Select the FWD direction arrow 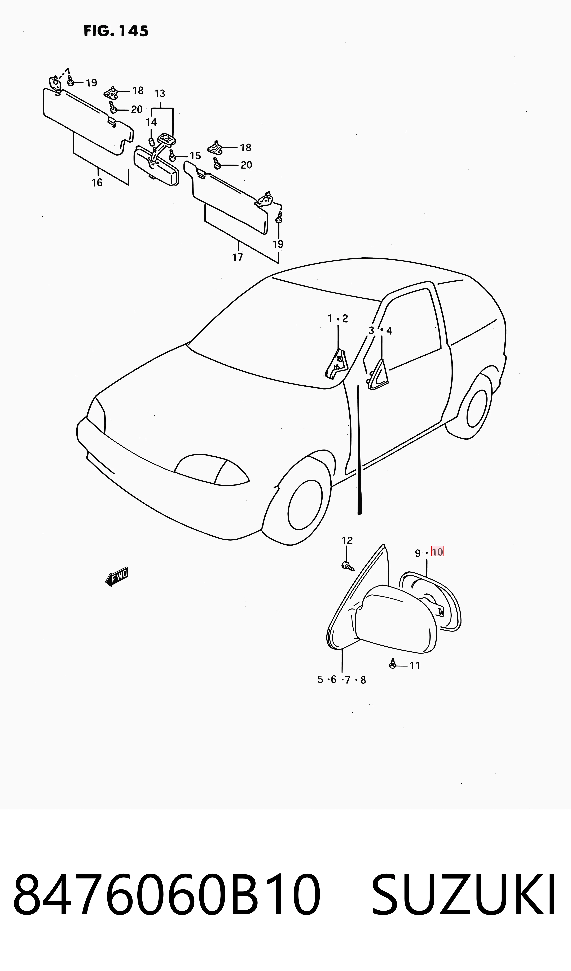(117, 577)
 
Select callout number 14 (151, 122)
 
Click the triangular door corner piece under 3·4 (378, 374)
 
